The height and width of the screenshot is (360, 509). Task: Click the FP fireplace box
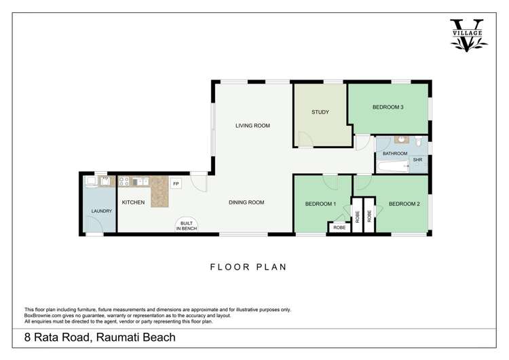(x=176, y=184)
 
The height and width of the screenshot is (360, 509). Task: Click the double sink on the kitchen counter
(x=140, y=181)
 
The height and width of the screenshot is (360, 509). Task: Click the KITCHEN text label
(x=133, y=202)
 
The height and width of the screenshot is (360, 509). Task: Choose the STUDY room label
(x=320, y=112)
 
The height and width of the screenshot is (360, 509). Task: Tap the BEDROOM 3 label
(x=388, y=107)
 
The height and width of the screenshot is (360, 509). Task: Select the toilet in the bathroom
(x=419, y=141)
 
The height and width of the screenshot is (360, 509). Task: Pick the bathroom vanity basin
(x=401, y=141)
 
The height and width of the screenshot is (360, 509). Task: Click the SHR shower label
(x=417, y=161)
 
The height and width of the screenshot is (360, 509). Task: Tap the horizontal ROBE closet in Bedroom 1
(x=339, y=228)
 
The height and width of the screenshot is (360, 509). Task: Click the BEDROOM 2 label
(x=404, y=204)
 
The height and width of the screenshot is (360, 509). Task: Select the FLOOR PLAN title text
(x=250, y=267)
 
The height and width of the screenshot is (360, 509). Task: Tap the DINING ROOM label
(x=246, y=202)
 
